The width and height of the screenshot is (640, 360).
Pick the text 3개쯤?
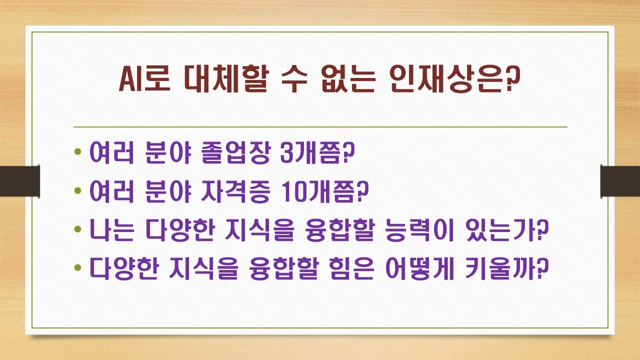(317, 152)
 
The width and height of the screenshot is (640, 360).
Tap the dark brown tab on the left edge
(19, 180)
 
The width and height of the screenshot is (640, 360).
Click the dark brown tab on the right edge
(620, 180)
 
